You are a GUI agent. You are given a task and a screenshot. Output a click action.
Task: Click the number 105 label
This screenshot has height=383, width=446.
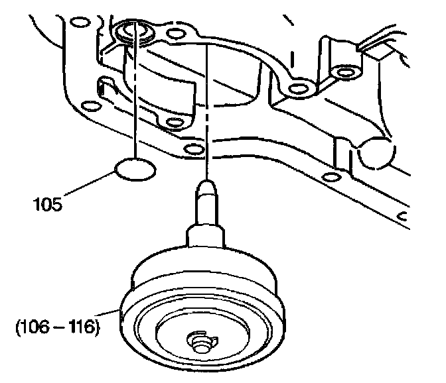click(47, 204)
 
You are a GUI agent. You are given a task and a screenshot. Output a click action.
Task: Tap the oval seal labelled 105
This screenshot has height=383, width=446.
click(135, 170)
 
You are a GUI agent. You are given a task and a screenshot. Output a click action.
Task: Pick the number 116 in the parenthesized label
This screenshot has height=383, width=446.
click(80, 327)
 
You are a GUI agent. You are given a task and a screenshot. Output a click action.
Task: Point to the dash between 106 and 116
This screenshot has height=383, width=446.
click(57, 327)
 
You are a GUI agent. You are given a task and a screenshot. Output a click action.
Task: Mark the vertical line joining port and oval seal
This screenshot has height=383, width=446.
click(135, 99)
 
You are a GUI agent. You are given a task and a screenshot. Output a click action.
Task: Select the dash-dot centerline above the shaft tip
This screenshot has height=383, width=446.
click(208, 113)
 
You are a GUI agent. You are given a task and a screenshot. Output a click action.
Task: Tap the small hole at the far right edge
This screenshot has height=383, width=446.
click(400, 215)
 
